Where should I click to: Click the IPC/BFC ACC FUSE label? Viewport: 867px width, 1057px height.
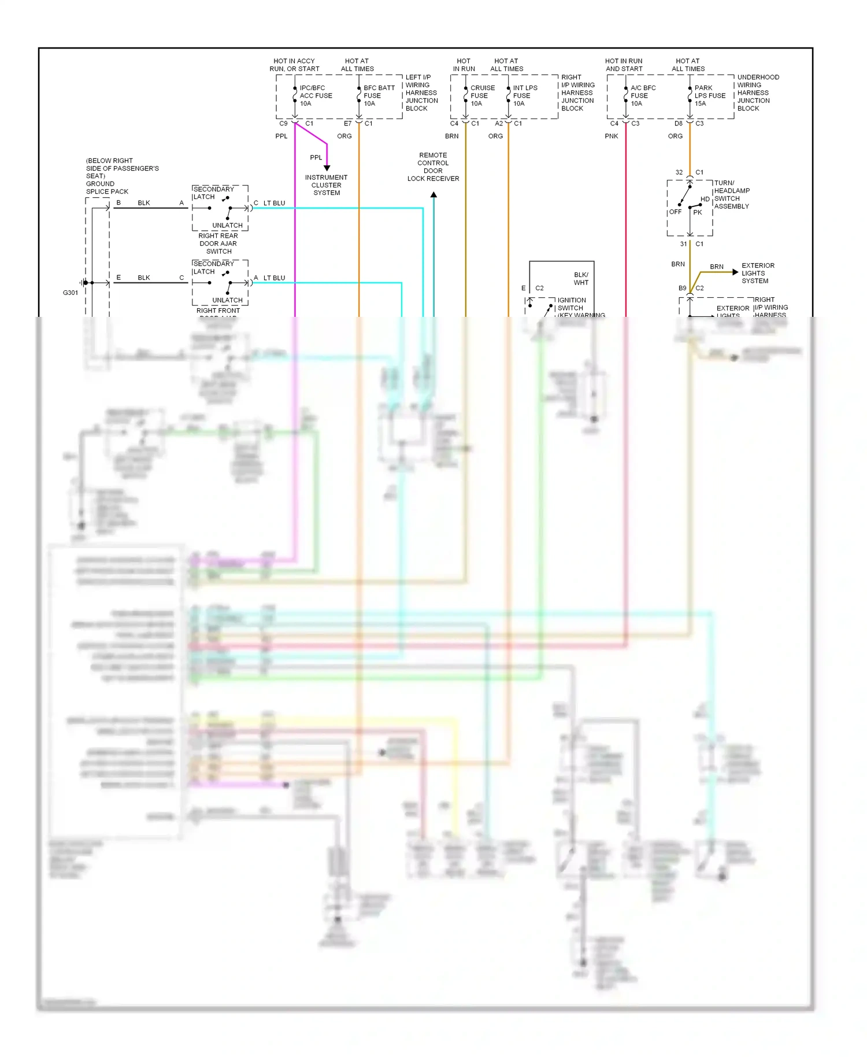click(315, 96)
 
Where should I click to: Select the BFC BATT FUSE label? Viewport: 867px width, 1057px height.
click(378, 96)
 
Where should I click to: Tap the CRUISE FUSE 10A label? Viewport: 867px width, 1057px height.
click(481, 96)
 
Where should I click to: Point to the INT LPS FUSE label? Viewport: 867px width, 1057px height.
click(524, 96)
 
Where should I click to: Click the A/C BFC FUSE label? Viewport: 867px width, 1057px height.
click(642, 96)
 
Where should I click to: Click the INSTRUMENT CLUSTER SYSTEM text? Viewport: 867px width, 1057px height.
click(326, 185)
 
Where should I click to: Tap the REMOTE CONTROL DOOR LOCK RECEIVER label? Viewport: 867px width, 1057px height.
click(433, 167)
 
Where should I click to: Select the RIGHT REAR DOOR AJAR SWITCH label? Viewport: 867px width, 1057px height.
click(218, 243)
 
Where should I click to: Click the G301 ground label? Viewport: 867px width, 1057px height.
click(70, 293)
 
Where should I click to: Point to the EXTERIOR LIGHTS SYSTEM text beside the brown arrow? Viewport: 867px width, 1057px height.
click(757, 273)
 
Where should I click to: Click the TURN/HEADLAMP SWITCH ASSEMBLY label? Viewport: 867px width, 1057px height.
click(731, 195)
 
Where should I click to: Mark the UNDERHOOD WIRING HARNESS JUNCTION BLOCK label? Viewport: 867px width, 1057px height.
click(757, 93)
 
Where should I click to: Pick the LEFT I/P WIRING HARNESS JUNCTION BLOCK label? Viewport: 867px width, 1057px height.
click(421, 93)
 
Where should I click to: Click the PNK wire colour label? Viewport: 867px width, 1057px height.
click(611, 136)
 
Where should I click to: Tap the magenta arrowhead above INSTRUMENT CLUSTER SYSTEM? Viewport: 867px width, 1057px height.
click(327, 168)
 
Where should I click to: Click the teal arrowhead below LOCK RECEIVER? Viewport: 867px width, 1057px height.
click(433, 195)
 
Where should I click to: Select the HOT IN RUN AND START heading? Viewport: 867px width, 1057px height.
click(624, 65)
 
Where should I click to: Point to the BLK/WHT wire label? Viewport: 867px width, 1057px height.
click(581, 279)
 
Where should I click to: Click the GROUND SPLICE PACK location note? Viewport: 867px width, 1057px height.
click(121, 176)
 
